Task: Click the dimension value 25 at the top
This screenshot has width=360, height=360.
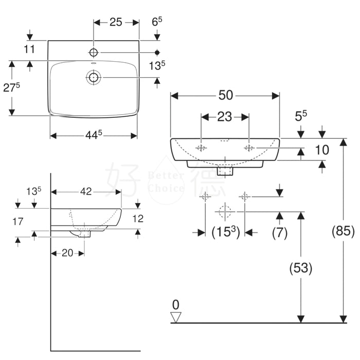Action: [x=116, y=22]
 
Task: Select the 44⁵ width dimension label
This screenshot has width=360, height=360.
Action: [x=93, y=135]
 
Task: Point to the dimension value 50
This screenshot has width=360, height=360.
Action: [x=225, y=95]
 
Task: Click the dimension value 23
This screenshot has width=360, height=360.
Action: [x=225, y=117]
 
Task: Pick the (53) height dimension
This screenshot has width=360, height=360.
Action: [x=300, y=267]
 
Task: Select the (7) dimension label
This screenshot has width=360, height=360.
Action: [x=279, y=232]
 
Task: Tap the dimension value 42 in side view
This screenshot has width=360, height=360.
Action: [x=85, y=191]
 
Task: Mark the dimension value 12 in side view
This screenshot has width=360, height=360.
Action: [x=138, y=218]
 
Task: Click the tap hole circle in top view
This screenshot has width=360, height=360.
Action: [x=94, y=52]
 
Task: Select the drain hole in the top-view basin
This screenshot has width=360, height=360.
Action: [x=94, y=78]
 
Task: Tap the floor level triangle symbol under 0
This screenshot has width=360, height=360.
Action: [x=176, y=317]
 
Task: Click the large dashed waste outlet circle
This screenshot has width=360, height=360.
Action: [x=224, y=211]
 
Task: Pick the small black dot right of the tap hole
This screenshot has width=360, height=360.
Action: [x=157, y=52]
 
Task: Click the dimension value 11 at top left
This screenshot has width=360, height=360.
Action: [x=29, y=49]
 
